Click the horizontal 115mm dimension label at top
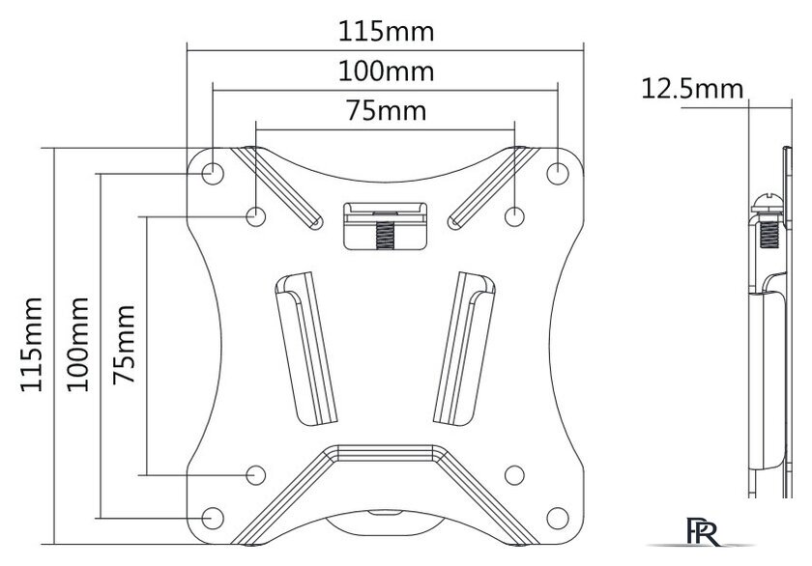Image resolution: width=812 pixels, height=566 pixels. (386, 32)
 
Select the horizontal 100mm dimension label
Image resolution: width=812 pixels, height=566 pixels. (386, 71)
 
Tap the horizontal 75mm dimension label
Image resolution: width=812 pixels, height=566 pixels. (387, 111)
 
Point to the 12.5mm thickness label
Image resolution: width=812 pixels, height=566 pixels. (692, 89)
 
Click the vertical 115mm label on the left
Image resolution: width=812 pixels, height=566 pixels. (31, 344)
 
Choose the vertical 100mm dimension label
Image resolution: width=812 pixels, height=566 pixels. (77, 344)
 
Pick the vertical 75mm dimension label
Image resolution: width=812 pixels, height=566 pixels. (125, 344)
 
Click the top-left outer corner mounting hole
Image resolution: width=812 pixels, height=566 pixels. (213, 173)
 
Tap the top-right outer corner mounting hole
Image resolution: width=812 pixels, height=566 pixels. (558, 173)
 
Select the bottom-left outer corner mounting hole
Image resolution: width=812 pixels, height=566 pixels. (213, 518)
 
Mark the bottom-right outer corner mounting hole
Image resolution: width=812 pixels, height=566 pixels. (558, 518)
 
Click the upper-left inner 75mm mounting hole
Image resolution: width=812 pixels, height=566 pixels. (256, 216)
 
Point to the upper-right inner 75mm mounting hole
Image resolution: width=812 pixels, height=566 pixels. (514, 216)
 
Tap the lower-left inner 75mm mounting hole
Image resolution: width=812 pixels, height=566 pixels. (256, 475)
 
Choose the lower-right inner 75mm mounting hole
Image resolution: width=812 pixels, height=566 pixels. (514, 475)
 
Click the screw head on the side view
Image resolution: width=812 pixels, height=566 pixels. (767, 204)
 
